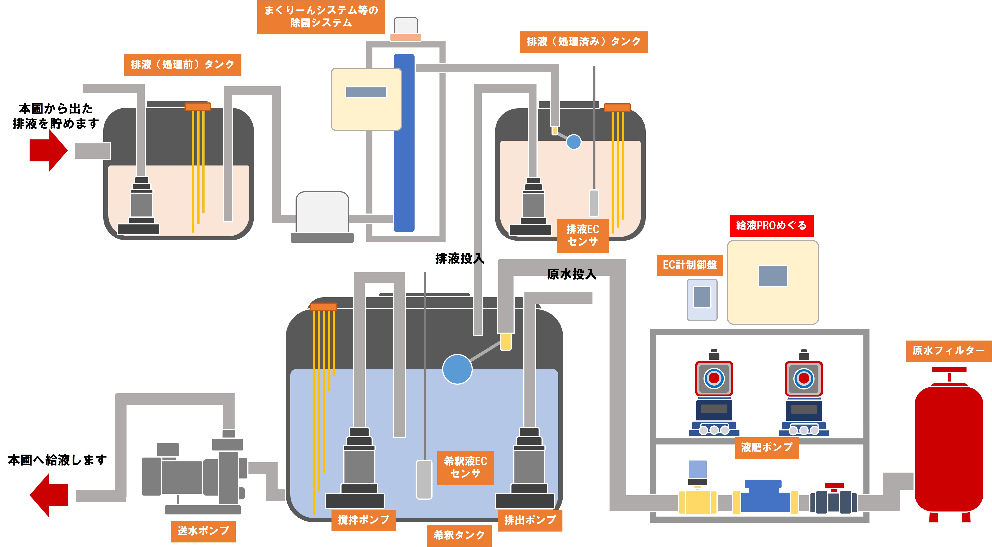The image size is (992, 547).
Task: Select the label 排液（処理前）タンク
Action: tap(182, 65)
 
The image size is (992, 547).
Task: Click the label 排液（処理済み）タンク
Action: tap(583, 42)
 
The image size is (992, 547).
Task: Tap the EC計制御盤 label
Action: tap(689, 265)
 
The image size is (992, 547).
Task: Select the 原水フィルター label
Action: tap(948, 351)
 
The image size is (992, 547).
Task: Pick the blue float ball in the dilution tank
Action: tap(457, 369)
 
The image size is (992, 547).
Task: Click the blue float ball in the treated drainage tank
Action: tap(573, 142)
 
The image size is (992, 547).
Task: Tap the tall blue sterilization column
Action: tap(404, 142)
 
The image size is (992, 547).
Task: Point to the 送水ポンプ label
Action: tap(203, 531)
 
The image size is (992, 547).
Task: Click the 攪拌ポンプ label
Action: tap(364, 520)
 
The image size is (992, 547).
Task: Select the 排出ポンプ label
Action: tap(530, 520)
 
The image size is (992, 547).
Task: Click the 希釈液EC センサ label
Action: tap(465, 467)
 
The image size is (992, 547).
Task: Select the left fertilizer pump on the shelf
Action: tap(714, 393)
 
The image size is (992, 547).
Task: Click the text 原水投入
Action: tap(572, 274)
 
